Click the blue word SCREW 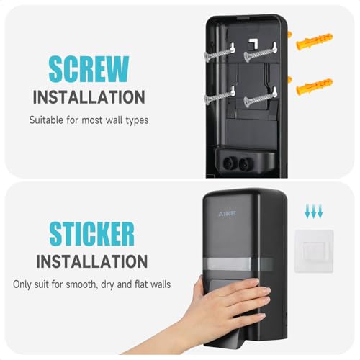coord(89,69)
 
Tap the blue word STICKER coord(91,234)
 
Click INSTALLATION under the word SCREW coord(89,97)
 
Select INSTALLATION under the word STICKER coord(92,261)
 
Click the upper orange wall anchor coord(315,41)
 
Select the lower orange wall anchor coord(315,86)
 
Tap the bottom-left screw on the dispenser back coord(219,96)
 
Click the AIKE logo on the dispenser coord(227,213)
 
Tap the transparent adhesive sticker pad coord(314,251)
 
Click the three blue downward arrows coord(314,212)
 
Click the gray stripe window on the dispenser coord(238,264)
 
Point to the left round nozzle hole coord(228,163)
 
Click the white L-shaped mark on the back coord(253,44)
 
